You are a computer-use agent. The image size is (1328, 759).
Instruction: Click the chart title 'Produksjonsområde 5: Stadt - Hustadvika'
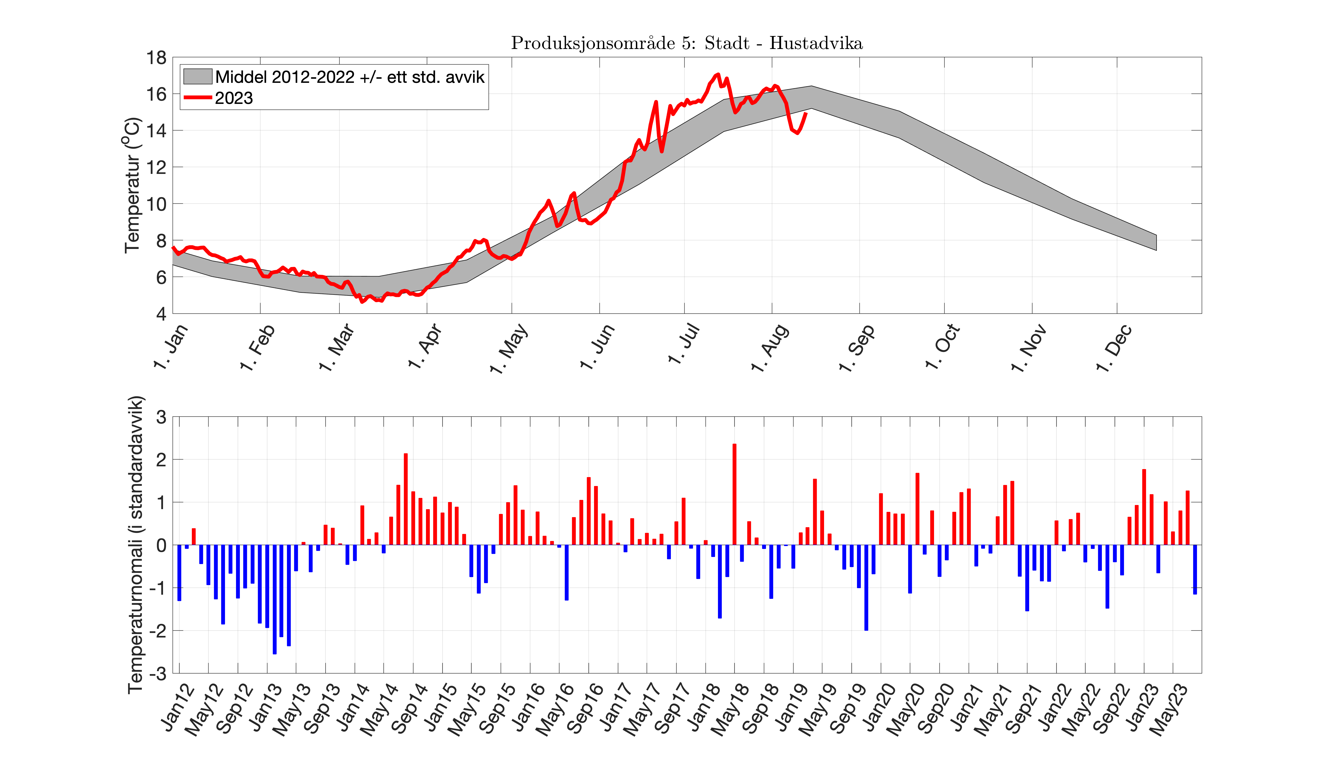[x=686, y=43]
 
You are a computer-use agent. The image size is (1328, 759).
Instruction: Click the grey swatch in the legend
[x=197, y=77]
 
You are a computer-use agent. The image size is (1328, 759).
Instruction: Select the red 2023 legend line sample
[x=197, y=97]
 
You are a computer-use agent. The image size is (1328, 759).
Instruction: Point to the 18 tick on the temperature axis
[x=156, y=58]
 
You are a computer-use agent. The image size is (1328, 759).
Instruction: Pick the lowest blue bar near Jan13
[x=274, y=600]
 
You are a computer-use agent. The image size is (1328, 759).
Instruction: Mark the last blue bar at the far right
[x=1195, y=569]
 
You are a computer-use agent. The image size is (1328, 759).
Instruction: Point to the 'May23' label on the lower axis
[x=1171, y=709]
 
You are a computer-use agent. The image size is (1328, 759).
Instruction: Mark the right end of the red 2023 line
[x=806, y=113]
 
